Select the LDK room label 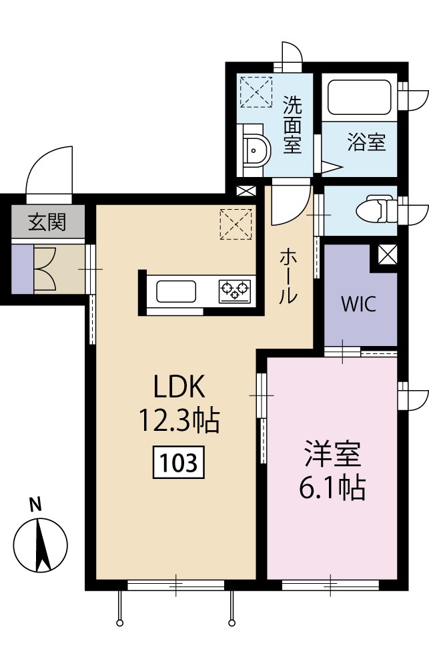pos(178,387)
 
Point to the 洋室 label pos(332,455)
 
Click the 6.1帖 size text pos(332,489)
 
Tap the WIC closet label pos(358,305)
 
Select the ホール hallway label pos(288,276)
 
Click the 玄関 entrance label pos(47,222)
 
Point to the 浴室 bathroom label pos(366,142)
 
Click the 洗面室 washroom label pos(292,125)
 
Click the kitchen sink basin pos(176,291)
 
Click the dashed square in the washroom pos(256,91)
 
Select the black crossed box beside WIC pos(386,255)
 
